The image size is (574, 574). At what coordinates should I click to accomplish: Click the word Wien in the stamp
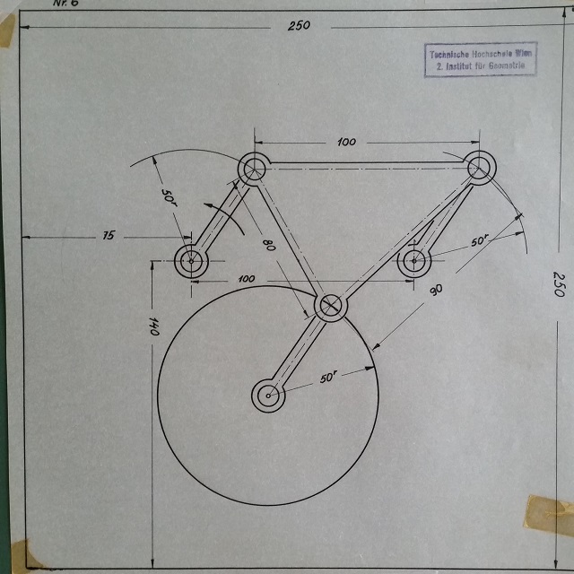[523, 55]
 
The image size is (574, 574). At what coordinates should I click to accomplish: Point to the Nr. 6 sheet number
[67, 4]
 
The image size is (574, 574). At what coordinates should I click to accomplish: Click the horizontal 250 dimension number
[299, 25]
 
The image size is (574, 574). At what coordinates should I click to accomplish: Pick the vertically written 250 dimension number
[557, 285]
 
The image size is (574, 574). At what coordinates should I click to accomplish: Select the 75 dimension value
[109, 236]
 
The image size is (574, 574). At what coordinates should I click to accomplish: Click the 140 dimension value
[153, 327]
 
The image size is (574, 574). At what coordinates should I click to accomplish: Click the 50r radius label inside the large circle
[328, 378]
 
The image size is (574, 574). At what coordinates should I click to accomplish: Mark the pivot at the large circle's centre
[267, 395]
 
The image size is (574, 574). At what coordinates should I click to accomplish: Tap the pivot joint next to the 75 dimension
[190, 263]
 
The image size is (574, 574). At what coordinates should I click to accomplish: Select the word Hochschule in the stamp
[491, 55]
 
